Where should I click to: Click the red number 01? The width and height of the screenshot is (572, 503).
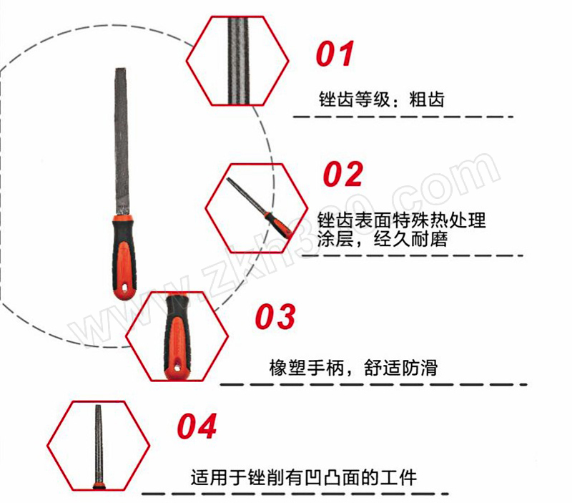coord(335,54)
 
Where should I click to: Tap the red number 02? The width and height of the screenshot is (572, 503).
coord(343,174)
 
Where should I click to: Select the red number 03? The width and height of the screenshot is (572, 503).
coord(275,316)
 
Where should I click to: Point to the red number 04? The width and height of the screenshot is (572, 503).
coord(197,426)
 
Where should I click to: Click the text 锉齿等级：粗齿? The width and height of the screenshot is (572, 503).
coord(382,99)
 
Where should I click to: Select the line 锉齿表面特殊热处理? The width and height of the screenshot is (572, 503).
coord(401,220)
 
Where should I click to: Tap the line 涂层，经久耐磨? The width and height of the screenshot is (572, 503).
coord(383,239)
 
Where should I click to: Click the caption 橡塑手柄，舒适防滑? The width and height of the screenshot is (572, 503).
coord(353,368)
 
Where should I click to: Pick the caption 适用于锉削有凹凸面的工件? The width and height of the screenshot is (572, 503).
coord(303,477)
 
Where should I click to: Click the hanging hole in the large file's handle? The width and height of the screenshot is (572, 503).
coord(124,288)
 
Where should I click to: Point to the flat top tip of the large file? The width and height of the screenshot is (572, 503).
coord(120,69)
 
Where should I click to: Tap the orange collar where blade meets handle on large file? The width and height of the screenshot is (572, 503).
coord(123,218)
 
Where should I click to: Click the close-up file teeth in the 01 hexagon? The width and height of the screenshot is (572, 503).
coord(239,61)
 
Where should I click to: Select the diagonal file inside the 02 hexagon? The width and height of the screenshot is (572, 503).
coord(258,207)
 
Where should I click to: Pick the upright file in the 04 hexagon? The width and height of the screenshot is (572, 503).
coord(99,446)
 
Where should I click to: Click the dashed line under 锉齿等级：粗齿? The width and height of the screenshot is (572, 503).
coord(403,117)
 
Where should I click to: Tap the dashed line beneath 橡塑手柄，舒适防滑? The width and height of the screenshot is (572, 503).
coord(373,385)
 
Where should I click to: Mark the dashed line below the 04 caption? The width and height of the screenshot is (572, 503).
coord(295,494)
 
